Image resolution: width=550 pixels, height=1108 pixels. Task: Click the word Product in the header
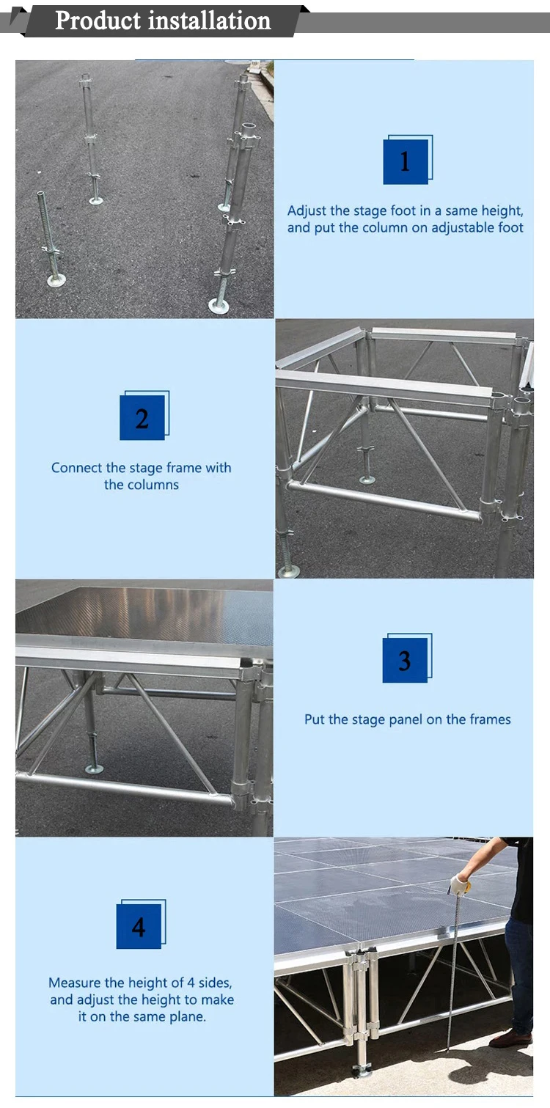[x=99, y=20]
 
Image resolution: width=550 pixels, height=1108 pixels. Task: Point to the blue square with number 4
[x=139, y=927]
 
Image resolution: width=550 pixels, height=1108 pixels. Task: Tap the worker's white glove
[x=460, y=884]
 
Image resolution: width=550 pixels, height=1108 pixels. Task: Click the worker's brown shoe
[x=511, y=1038]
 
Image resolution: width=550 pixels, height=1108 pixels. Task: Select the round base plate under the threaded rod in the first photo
[x=56, y=279]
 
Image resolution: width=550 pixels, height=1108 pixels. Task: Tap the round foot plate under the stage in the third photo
[x=94, y=768]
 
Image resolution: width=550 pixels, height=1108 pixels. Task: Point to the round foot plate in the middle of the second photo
[x=367, y=480]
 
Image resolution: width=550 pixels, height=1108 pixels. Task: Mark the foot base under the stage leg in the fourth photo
[x=361, y=1071]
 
